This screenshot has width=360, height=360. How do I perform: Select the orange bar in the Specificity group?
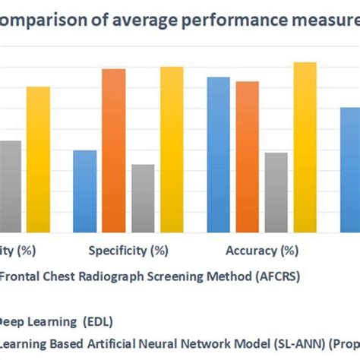[113, 150]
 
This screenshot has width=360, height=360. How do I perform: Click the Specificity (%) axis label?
[128, 250]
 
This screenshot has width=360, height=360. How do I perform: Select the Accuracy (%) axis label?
[262, 250]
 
